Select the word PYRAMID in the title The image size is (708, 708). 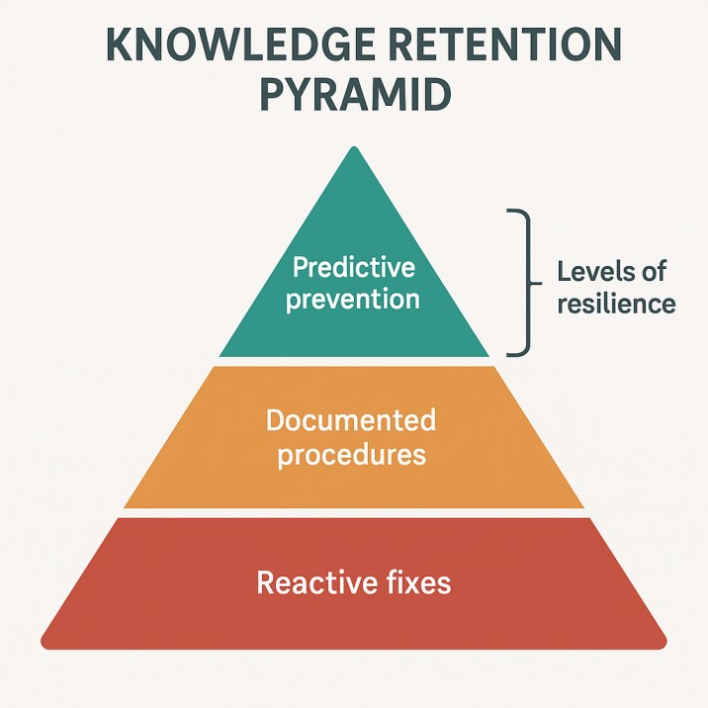coord(354,97)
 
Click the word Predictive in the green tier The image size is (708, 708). coord(354,268)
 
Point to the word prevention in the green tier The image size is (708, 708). coord(354,298)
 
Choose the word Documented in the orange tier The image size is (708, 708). coord(351,420)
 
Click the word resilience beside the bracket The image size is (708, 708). coord(616,303)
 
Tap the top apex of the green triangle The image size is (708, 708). coord(354,147)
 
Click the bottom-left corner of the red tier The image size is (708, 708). coord(45,645)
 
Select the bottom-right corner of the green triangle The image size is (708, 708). coord(487,355)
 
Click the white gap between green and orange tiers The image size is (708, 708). coord(354,362)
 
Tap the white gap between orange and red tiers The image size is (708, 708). coord(354,512)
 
